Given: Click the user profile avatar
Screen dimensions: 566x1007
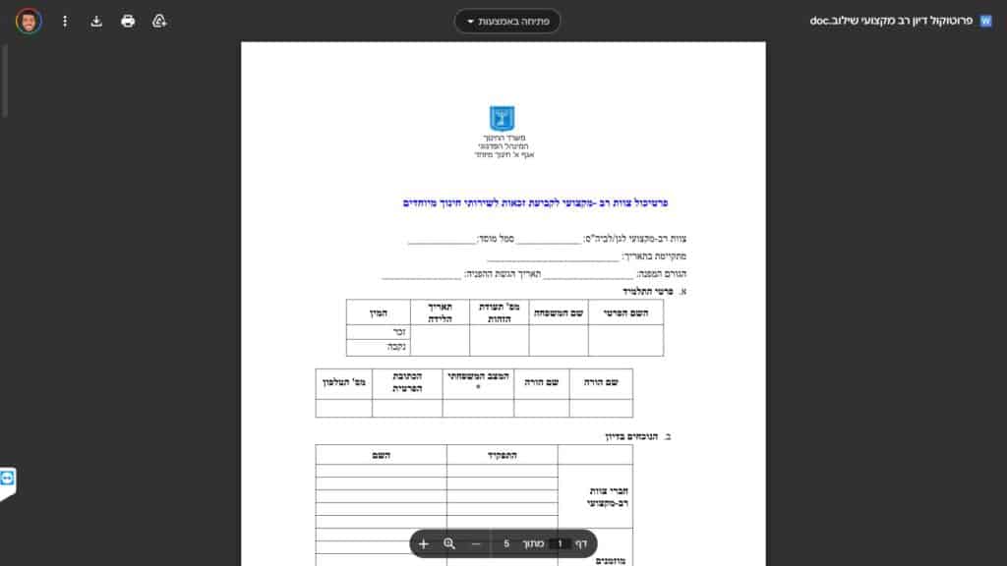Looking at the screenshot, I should [x=29, y=21].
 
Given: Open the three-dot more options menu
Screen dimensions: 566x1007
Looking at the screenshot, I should [x=65, y=21].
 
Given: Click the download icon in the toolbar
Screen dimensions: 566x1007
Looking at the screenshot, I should [x=96, y=21].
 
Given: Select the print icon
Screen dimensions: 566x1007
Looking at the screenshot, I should [x=128, y=21].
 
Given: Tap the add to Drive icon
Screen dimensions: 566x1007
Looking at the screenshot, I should [x=159, y=21].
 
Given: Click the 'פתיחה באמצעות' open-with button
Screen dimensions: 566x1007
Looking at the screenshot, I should [x=507, y=21].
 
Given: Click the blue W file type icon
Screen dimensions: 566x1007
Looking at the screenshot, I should [x=986, y=21].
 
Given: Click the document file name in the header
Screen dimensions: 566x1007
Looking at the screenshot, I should [x=894, y=21].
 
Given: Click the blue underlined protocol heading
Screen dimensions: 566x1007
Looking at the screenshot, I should [x=536, y=202].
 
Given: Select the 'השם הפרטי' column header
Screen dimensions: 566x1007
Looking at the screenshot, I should [x=625, y=311].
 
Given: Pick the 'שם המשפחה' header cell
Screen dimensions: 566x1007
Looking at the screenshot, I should [x=559, y=311].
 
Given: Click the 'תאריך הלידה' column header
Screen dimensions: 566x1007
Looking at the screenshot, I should [x=440, y=311].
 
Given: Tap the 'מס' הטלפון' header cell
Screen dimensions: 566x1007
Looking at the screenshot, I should [x=344, y=381].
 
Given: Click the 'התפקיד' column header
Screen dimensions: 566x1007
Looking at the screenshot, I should [x=502, y=455].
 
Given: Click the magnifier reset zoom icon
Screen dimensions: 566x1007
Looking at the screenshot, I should [x=449, y=543].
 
